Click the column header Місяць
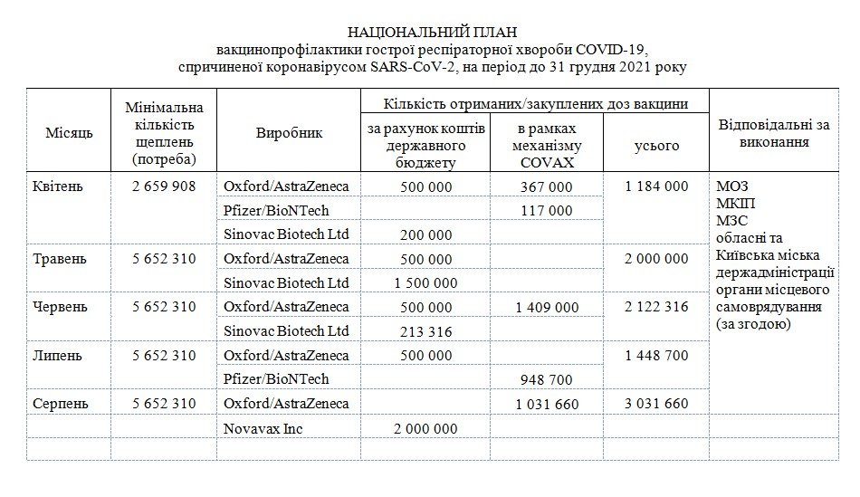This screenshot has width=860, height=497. click(69, 133)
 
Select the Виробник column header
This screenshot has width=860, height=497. click(289, 133)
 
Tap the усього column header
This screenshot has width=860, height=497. click(656, 145)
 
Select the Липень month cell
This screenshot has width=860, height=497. click(56, 356)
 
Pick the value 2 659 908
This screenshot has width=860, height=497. click(163, 186)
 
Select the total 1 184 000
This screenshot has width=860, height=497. click(656, 186)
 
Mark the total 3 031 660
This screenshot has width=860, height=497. click(656, 404)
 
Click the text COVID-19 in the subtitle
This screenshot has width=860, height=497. click(611, 49)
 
